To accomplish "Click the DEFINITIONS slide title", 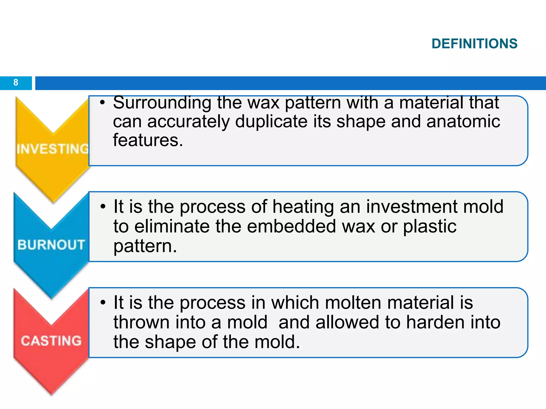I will tap(474, 44).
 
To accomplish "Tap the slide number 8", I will tap(16, 83).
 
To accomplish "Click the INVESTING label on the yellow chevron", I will tap(53, 149).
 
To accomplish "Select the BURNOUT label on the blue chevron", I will tap(51, 244).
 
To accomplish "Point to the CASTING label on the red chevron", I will tap(51, 341).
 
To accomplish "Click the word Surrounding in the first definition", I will tap(162, 103).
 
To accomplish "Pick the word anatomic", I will tap(463, 121).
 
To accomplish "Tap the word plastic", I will tap(429, 226).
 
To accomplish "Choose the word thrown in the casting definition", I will tap(141, 322).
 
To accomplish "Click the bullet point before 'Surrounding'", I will tap(103, 103).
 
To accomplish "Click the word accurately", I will tap(188, 121).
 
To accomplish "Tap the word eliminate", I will tap(172, 226).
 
